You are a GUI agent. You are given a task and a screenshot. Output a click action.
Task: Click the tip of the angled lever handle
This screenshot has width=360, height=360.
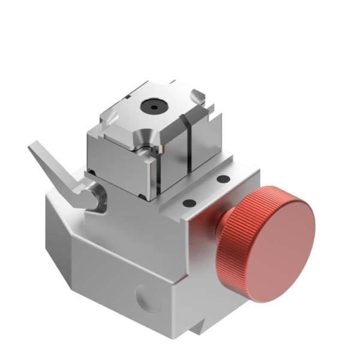tap(34, 146)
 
